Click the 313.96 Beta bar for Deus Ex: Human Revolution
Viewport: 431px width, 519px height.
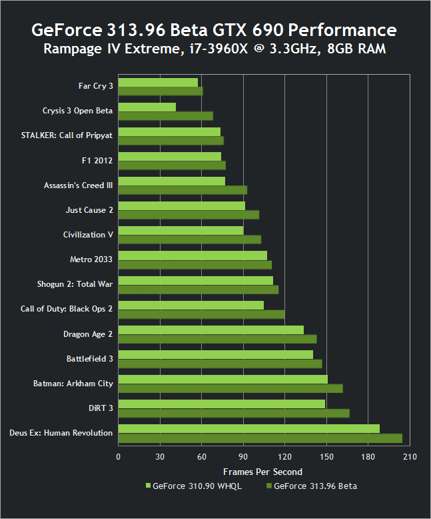click(x=260, y=438)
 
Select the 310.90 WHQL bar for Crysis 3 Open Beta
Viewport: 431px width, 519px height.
click(x=147, y=107)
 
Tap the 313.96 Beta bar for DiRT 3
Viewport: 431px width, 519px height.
click(x=234, y=414)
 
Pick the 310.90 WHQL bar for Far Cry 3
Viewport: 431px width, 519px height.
click(x=158, y=82)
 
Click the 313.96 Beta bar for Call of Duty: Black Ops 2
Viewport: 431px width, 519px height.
click(x=201, y=314)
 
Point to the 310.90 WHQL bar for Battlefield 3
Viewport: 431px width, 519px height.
click(x=215, y=354)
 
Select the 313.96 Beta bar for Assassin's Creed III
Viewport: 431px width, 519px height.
click(x=183, y=190)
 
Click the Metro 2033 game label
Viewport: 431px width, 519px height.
click(x=91, y=259)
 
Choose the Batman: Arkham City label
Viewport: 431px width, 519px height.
click(x=73, y=384)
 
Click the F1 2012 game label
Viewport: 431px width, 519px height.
click(x=97, y=161)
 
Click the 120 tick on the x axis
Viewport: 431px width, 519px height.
click(x=285, y=457)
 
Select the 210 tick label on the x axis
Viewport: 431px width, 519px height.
click(x=410, y=457)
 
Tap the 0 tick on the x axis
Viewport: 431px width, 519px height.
click(x=119, y=457)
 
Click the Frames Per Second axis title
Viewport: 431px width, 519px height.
click(x=262, y=472)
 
